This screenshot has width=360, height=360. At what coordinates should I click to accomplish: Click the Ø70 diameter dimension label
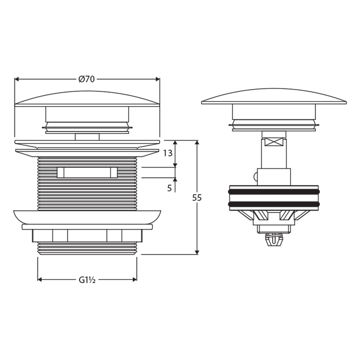[x=87, y=79]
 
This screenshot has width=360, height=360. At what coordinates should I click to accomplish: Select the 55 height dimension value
[x=197, y=197]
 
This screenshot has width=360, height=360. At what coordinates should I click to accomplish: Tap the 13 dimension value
[x=168, y=153]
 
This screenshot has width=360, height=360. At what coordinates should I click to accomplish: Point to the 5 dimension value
[x=170, y=188]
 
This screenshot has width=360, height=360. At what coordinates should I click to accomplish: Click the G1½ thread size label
[x=87, y=279]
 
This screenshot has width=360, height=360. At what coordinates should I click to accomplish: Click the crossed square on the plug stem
[x=274, y=141]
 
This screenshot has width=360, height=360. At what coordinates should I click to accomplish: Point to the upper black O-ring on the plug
[x=274, y=190]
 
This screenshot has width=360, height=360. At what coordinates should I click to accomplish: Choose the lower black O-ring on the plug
[x=274, y=204]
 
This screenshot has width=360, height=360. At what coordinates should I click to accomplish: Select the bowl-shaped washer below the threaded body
[x=87, y=216]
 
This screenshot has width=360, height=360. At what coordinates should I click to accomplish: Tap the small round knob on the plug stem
[x=255, y=176]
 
